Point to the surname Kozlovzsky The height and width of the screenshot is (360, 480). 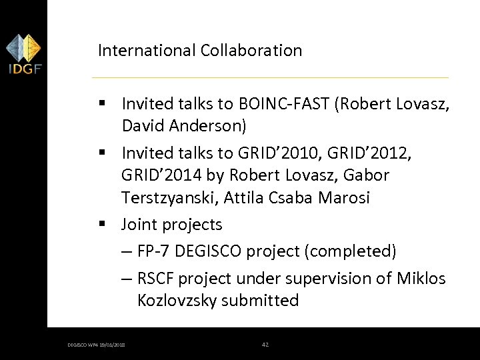click(x=177, y=301)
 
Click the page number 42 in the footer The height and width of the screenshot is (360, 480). click(x=265, y=345)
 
